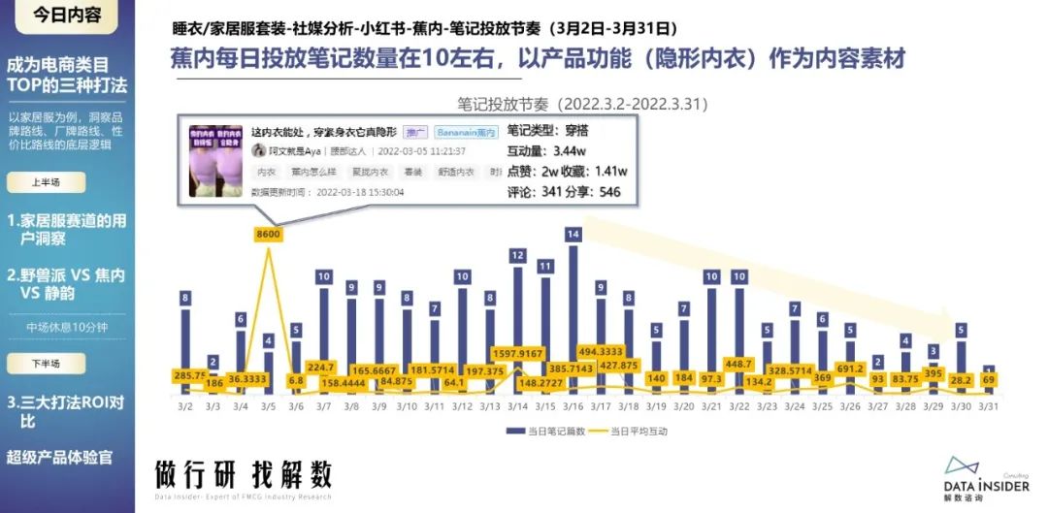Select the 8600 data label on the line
269,234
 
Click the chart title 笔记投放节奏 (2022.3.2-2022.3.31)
582,102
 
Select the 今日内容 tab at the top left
67,16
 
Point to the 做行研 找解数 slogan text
244,475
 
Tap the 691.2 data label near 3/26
851,369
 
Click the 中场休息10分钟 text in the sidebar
68,327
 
